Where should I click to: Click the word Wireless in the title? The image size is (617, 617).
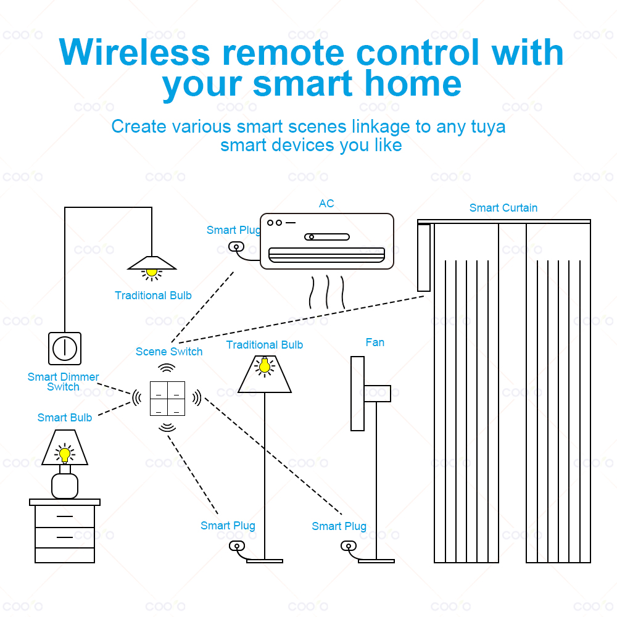135,52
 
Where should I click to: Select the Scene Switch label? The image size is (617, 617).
169,352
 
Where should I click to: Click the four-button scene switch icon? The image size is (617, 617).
168,399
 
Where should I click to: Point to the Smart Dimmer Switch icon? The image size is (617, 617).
65,349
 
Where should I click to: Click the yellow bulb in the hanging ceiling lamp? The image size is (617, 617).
152,272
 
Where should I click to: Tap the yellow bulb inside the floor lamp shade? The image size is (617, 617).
265,366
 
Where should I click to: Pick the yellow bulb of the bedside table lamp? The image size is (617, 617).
65,455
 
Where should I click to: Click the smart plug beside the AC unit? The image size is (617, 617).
236,247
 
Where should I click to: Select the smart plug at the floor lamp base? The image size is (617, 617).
237,546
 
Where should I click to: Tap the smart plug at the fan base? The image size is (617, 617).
349,546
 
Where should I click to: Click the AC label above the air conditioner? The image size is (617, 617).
326,204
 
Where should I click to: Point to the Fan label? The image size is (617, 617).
375,342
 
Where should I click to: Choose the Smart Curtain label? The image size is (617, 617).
503,208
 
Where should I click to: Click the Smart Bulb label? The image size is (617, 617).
65,418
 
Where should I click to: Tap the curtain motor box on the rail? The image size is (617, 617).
424,257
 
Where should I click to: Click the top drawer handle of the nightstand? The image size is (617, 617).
65,516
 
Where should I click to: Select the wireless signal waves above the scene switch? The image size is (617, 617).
167,368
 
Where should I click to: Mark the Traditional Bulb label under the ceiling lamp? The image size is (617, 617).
153,296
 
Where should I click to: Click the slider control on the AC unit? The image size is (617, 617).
327,237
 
